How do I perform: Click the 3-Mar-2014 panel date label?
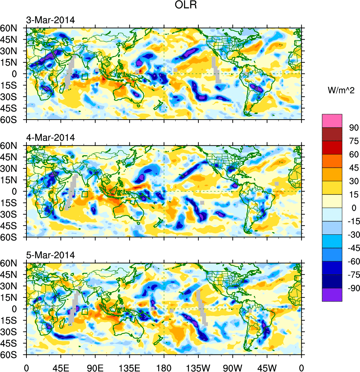(50, 20)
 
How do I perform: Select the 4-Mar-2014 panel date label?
(50, 138)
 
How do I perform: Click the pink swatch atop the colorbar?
(332, 120)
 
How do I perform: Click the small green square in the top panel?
(85, 77)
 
